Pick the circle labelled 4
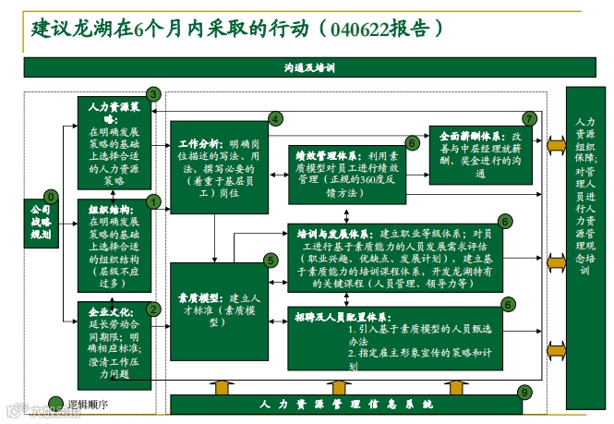tap(274, 118)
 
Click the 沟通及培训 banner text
tap(308, 67)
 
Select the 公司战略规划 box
tap(40, 223)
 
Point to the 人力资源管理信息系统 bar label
tap(345, 405)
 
